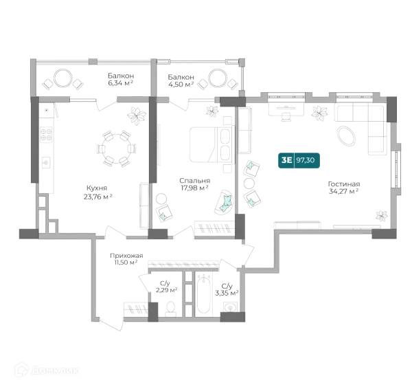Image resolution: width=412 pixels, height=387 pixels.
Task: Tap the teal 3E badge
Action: tap(286, 160)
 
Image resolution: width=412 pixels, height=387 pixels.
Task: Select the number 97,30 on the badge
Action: tap(306, 160)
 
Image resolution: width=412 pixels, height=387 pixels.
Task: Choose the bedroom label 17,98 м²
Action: tap(195, 185)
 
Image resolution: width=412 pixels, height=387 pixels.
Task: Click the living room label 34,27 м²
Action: tap(344, 188)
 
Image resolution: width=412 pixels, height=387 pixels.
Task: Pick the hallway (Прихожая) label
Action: tap(127, 258)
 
